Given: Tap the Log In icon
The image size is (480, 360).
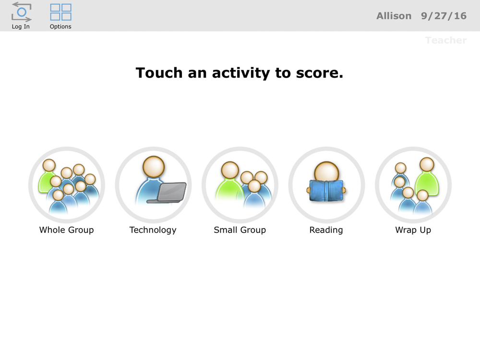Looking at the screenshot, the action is [22, 12].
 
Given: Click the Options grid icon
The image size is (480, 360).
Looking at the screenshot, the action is [60, 12].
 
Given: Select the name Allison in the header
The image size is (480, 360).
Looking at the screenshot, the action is [394, 16].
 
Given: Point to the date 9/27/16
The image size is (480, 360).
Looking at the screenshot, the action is [444, 16].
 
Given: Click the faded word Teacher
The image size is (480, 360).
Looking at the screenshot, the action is [446, 40].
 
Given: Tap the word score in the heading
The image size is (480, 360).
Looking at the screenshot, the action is [320, 73].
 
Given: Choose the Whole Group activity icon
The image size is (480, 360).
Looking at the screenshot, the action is [67, 185].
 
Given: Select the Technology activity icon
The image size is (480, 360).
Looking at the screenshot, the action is [154, 185].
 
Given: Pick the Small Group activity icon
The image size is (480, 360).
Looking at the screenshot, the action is [240, 185].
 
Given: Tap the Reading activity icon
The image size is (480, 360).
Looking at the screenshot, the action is [326, 185].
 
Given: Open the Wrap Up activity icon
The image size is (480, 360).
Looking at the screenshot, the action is [413, 185].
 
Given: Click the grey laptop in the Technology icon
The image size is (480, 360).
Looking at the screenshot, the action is [167, 193].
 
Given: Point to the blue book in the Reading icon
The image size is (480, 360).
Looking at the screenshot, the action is [326, 191].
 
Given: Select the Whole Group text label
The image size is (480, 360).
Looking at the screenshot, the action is [66, 230].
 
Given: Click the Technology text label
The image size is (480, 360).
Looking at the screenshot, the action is [153, 230].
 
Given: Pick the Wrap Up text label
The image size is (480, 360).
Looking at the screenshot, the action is [413, 230].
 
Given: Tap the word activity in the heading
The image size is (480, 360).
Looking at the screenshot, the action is [241, 73].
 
